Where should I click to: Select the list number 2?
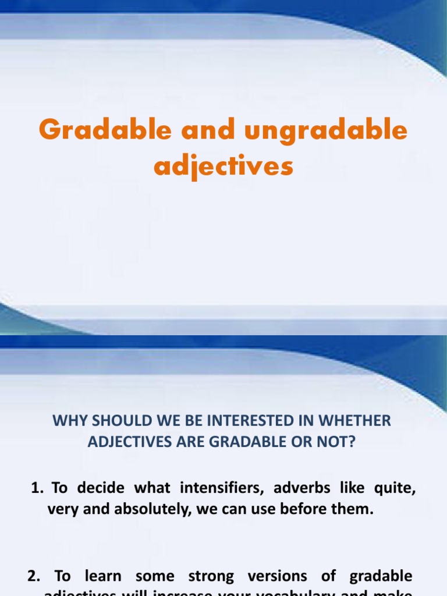33,576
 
